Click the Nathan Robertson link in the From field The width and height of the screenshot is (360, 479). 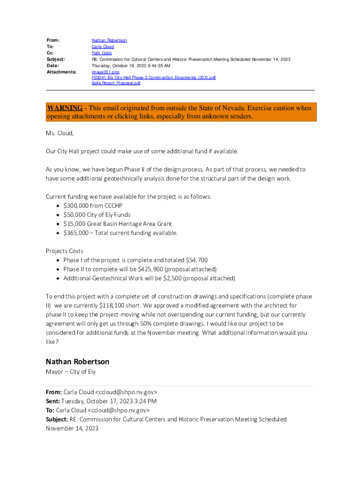[x=109, y=41]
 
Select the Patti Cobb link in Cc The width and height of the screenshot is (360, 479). [x=101, y=53]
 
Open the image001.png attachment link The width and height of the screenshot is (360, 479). [x=105, y=72]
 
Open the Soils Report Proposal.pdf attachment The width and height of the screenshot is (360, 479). [x=115, y=83]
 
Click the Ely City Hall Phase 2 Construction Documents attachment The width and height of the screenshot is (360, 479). [x=153, y=78]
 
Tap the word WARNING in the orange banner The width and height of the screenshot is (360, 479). [x=65, y=108]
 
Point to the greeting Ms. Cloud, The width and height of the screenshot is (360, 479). [x=59, y=133]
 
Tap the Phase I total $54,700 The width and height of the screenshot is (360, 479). [x=196, y=260]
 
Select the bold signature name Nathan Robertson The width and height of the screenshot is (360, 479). [x=78, y=362]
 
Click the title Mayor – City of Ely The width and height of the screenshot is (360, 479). [x=71, y=372]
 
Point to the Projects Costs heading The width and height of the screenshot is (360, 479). [x=65, y=251]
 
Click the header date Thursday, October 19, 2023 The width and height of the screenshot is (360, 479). [x=130, y=66]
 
